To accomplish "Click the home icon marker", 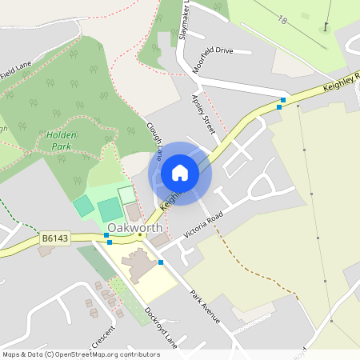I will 180,173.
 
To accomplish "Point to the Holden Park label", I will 61,141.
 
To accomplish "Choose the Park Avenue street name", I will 205,304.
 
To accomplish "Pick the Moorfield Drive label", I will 213,61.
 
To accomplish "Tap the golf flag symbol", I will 326,26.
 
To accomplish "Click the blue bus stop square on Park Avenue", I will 161,262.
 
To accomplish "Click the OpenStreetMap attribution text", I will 81,354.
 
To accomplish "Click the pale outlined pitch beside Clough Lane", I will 127,194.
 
